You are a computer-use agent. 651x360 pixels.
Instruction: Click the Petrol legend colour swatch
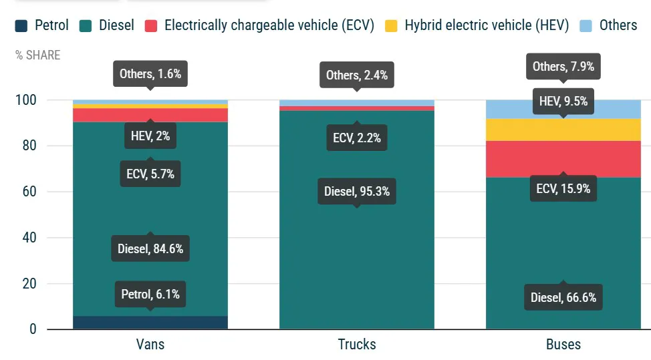[x=21, y=26]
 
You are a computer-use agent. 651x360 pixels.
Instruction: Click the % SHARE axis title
[x=38, y=55]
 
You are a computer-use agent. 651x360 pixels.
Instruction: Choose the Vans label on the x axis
[x=150, y=345]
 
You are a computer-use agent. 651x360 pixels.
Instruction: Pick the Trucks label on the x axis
[x=356, y=345]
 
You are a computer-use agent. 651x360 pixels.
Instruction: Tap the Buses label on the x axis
[x=563, y=345]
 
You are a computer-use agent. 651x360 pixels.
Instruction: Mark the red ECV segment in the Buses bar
[x=563, y=159]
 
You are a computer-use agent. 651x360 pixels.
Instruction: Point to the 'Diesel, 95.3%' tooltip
[x=356, y=192]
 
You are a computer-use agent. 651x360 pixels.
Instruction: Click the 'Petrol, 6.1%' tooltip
[x=150, y=294]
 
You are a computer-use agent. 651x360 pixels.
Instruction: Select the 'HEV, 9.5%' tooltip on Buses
[x=563, y=102]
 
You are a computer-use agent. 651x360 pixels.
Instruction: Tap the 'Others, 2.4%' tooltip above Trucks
[x=356, y=75]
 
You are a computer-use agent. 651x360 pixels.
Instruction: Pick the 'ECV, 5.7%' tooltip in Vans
[x=150, y=174]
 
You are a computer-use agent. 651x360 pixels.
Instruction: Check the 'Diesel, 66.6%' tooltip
[x=563, y=298]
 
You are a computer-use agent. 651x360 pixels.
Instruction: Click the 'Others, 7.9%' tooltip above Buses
[x=563, y=67]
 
